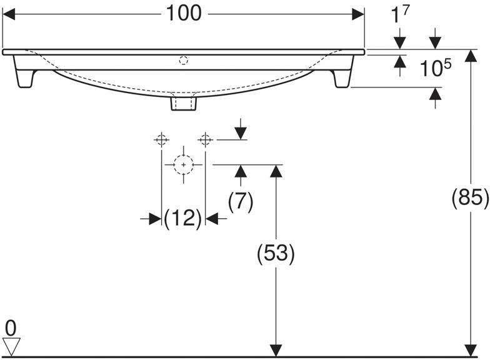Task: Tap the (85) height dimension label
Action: (469, 197)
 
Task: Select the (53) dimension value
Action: (276, 253)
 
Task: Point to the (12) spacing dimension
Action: (182, 219)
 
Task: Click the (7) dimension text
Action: (240, 201)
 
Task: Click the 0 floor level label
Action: (10, 326)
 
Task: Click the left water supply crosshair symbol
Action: (162, 138)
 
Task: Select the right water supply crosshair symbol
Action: (206, 138)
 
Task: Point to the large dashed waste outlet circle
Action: (183, 164)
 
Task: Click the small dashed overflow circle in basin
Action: (183, 61)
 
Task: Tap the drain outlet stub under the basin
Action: (183, 102)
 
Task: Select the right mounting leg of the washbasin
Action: (342, 78)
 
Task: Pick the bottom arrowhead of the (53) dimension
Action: (275, 350)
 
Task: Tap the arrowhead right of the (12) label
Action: (212, 219)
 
